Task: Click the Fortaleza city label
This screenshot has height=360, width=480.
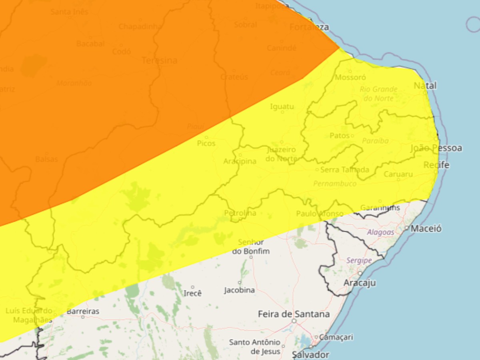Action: point(309,27)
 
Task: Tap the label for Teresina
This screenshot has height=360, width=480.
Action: point(159,60)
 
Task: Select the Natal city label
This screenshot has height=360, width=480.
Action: point(425,86)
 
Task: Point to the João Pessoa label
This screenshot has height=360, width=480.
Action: point(436,148)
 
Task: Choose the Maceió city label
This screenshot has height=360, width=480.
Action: point(426,229)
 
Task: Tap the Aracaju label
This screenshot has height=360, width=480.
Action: point(360,283)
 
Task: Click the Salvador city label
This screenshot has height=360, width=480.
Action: point(310,354)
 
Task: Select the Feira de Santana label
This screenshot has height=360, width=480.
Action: point(294,314)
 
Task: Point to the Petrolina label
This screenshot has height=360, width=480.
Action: point(240,213)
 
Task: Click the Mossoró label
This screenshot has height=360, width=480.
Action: point(350,77)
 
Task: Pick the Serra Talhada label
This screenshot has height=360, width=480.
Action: point(344,170)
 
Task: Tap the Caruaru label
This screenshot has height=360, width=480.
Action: point(398,174)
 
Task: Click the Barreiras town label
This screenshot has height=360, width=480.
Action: point(83,311)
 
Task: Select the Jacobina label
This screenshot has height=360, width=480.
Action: point(239,290)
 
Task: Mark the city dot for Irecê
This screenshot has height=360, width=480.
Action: point(192,287)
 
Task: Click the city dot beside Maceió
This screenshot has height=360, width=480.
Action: point(406,228)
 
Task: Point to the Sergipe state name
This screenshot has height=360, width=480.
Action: point(359,260)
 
